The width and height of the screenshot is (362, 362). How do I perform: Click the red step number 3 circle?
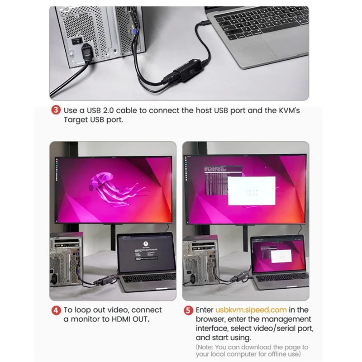[56, 110]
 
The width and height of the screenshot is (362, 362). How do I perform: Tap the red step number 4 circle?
[56, 310]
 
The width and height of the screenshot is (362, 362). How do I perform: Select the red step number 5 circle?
[188, 310]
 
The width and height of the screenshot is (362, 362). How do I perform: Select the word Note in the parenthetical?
[206, 347]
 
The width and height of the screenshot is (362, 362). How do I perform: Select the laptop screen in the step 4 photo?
[146, 253]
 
